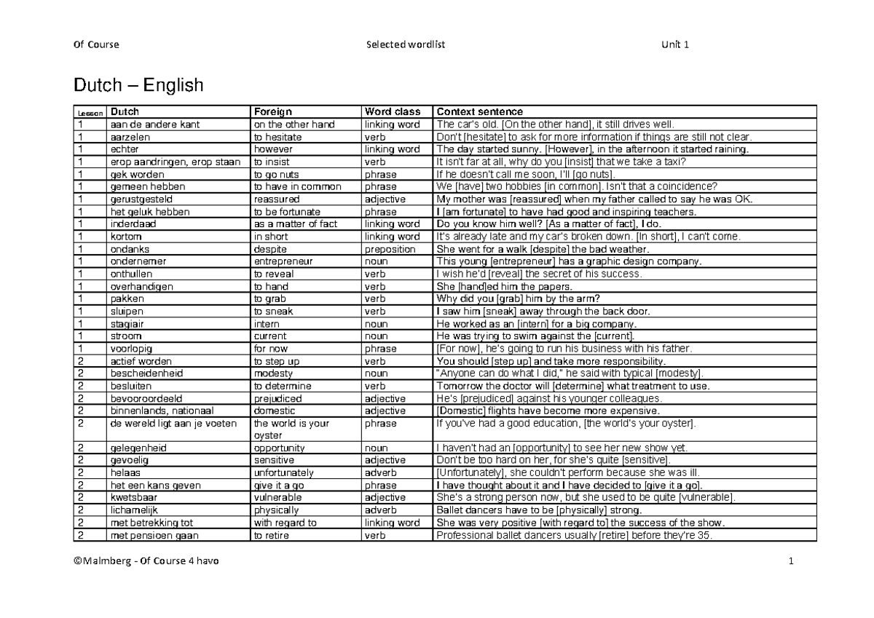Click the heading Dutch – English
(138, 87)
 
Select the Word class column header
(392, 112)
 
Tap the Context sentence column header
(479, 112)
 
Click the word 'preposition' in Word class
(390, 249)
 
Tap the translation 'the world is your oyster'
(291, 429)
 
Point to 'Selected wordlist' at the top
(406, 44)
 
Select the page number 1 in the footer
(790, 561)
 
